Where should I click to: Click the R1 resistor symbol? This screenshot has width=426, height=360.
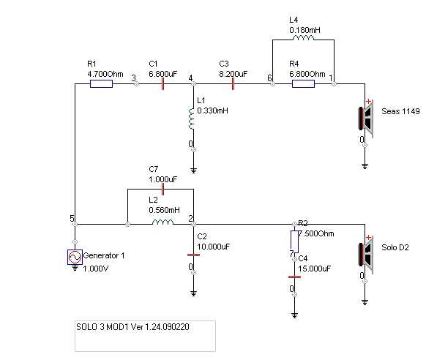(101, 84)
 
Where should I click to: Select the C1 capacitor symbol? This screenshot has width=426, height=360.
(162, 84)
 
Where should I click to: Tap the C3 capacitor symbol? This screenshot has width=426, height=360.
(233, 84)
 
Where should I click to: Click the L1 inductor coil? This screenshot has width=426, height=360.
(192, 119)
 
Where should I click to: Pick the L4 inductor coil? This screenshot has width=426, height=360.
(303, 38)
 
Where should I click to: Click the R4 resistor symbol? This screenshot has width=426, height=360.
(303, 84)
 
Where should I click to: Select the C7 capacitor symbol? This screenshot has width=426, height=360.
(162, 189)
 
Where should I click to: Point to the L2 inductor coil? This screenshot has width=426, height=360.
(162, 222)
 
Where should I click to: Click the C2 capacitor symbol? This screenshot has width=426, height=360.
(193, 255)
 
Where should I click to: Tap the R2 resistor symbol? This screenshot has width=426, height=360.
(294, 242)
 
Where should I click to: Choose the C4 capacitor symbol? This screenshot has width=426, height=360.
(294, 277)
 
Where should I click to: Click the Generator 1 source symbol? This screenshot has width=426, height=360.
(75, 257)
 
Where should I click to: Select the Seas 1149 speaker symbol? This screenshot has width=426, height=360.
(366, 118)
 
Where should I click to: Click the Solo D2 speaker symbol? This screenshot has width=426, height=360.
(366, 254)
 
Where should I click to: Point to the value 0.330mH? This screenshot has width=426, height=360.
(212, 110)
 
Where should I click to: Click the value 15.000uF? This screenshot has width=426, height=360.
(314, 269)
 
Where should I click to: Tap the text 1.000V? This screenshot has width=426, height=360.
(96, 269)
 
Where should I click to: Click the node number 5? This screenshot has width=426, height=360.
(72, 219)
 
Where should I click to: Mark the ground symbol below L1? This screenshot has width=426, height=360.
(193, 170)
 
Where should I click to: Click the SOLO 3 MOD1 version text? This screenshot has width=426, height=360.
(132, 326)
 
